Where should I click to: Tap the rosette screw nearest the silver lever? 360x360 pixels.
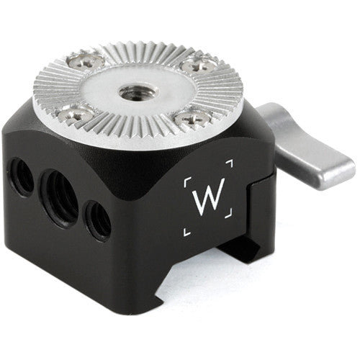click(198, 66)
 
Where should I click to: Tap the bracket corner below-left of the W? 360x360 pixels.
click(186, 230)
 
